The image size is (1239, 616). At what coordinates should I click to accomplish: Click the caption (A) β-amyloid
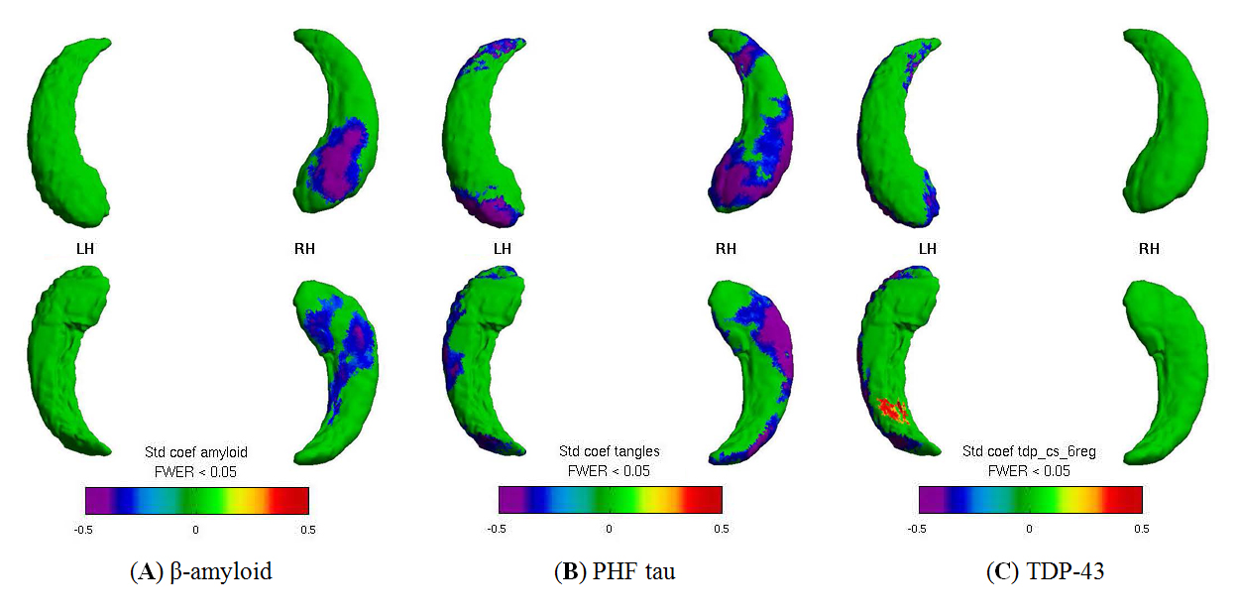click(200, 571)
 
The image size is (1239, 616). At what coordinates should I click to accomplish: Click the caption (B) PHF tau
click(615, 571)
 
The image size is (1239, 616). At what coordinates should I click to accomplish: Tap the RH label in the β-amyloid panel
click(304, 248)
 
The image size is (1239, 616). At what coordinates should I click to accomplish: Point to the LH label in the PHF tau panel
click(503, 248)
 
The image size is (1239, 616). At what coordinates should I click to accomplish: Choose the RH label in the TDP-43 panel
click(1149, 248)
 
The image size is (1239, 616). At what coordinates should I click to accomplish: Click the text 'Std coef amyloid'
click(195, 452)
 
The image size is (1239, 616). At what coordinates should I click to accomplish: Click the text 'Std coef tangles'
click(609, 452)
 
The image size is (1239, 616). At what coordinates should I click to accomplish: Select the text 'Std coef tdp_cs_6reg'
click(1029, 452)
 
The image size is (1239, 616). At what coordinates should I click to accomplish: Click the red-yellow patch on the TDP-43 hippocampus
click(893, 410)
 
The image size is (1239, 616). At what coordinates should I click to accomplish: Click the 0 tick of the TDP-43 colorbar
click(1031, 528)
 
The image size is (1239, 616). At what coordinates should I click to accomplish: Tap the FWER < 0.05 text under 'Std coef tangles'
click(609, 471)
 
